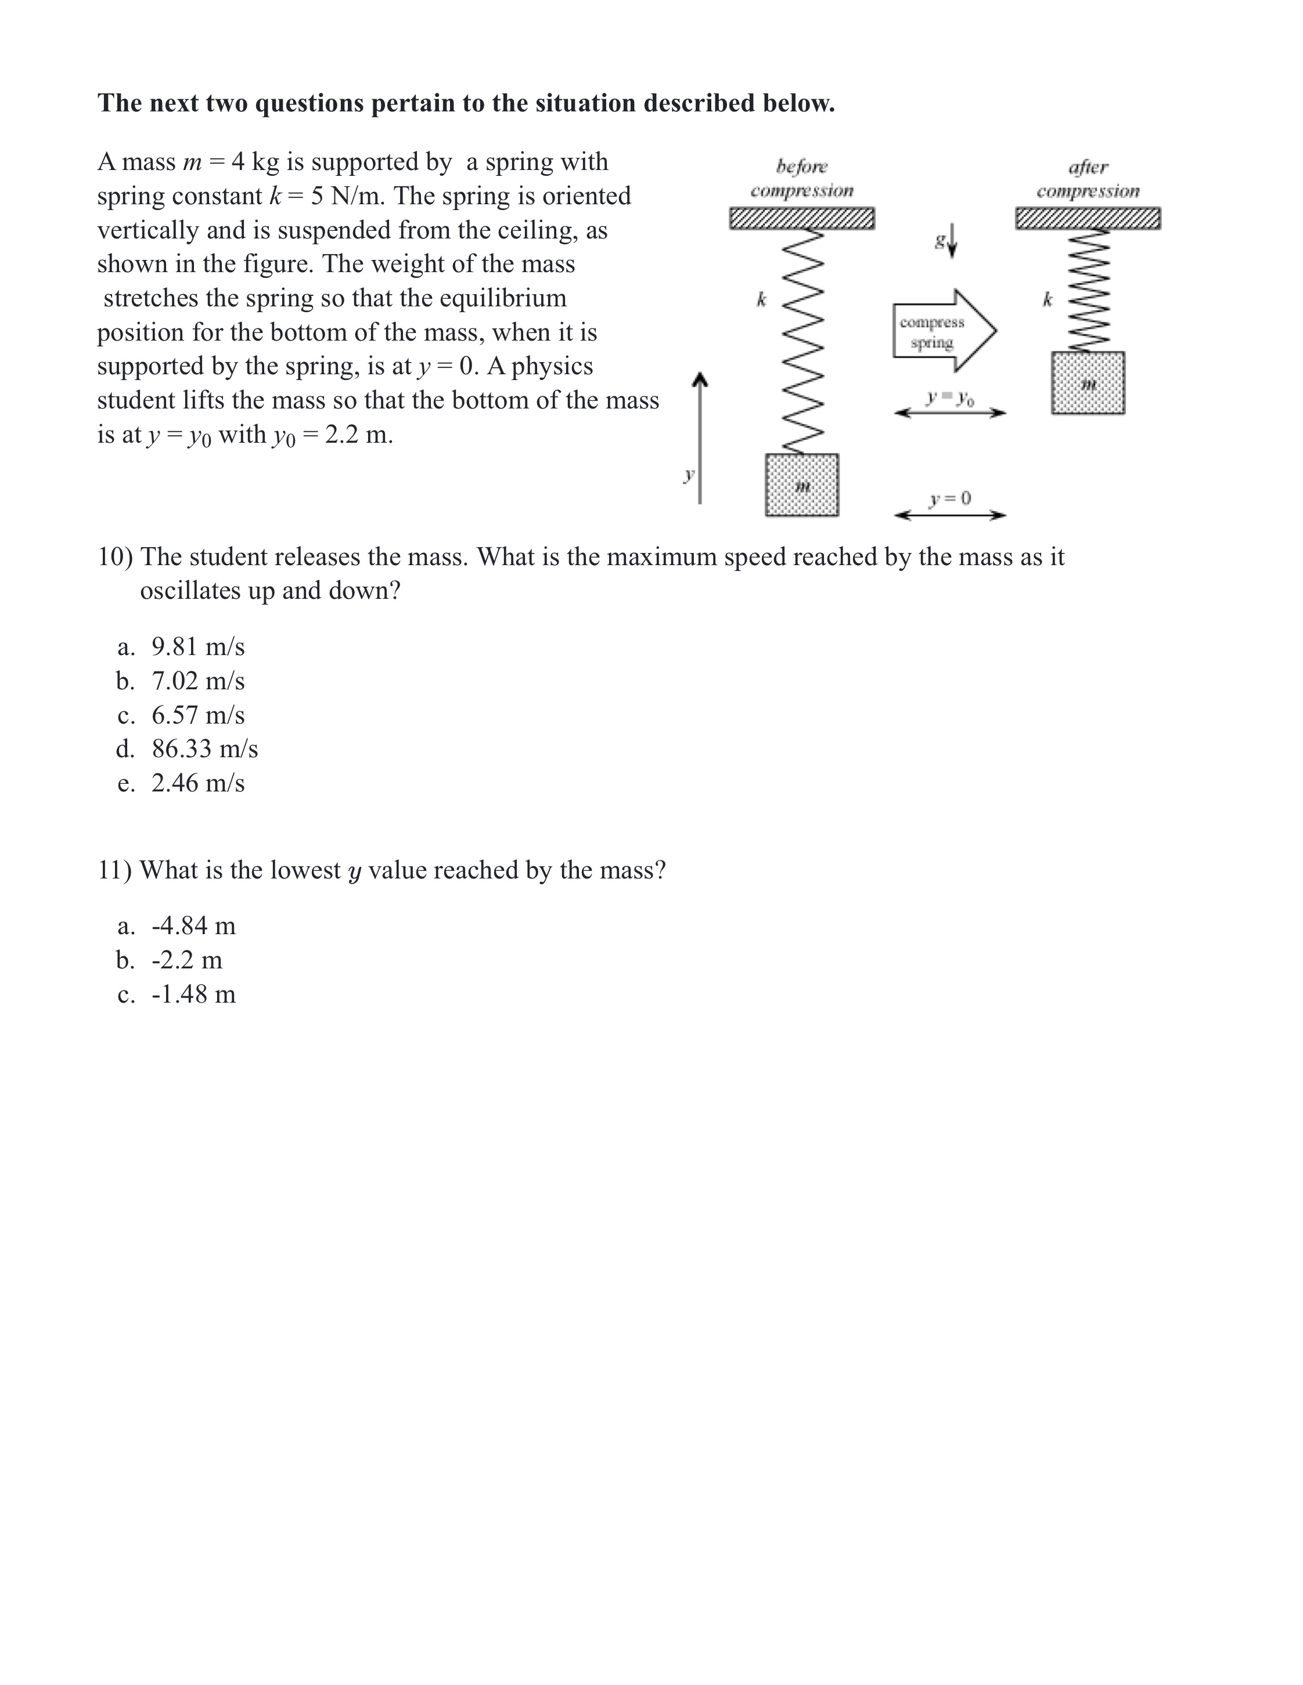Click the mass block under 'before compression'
point(801,484)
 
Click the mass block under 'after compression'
point(1088,383)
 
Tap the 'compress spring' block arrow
point(944,331)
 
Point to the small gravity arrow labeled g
point(952,241)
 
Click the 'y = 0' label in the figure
point(949,498)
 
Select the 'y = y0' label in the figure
point(949,398)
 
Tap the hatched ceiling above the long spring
point(801,218)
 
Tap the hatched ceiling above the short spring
point(1088,218)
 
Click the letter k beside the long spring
point(761,299)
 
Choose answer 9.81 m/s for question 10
point(197,646)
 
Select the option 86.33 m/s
point(204,749)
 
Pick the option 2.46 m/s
point(197,783)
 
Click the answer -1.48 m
point(193,994)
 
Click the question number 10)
point(115,556)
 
